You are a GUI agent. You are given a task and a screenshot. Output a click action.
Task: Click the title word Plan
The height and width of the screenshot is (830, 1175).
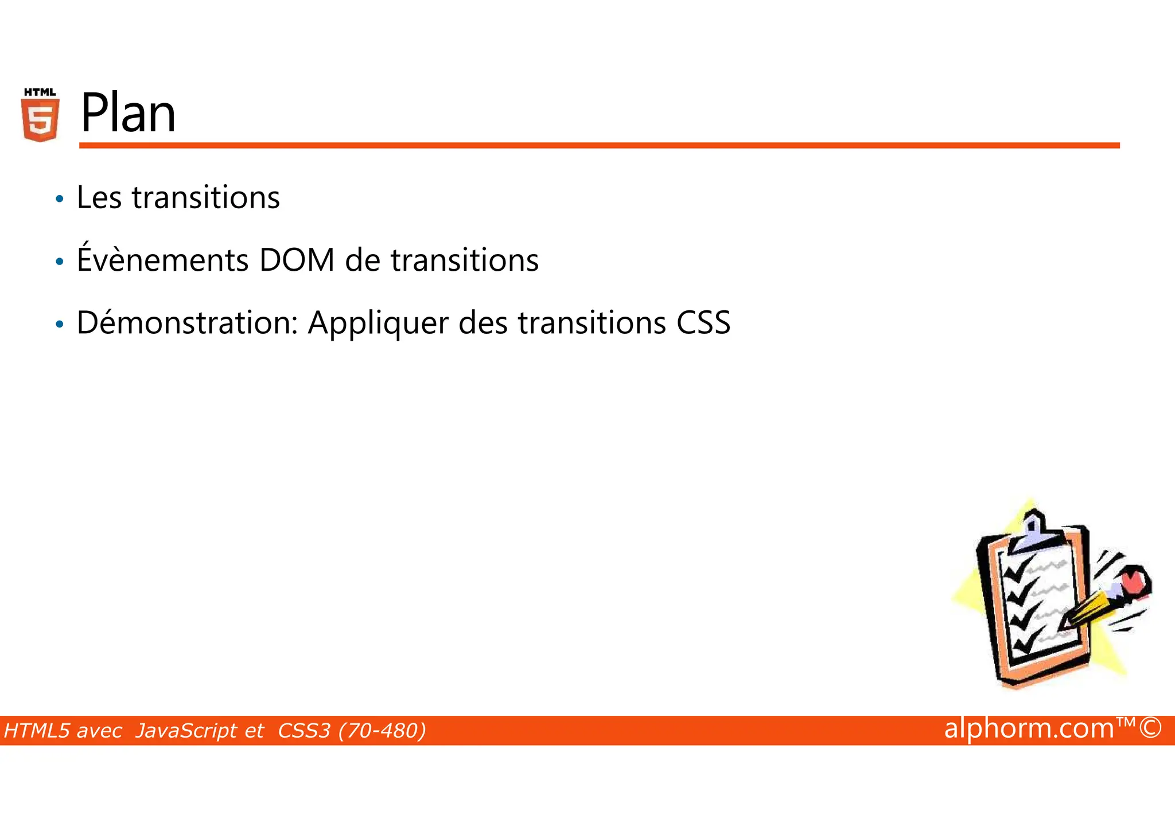(x=128, y=114)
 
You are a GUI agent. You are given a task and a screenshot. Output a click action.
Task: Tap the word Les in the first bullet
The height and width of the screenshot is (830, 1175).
(x=99, y=198)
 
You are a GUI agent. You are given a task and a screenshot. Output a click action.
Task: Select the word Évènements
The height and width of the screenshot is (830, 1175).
(x=162, y=259)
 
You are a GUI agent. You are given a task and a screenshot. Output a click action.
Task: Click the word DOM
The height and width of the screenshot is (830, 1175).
(x=297, y=260)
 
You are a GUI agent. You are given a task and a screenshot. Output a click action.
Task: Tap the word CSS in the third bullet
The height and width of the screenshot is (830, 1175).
(x=703, y=323)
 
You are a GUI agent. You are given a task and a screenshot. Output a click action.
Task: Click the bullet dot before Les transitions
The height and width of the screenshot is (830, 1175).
(x=60, y=200)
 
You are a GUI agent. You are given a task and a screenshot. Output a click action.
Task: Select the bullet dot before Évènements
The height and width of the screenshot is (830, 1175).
(x=60, y=262)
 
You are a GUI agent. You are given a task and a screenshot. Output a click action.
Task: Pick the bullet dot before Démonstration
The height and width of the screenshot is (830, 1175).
(x=60, y=325)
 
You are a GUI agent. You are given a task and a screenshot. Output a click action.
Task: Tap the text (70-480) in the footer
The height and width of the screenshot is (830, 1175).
(x=382, y=731)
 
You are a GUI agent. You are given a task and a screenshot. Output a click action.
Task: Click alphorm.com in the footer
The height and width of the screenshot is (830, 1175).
(x=1029, y=728)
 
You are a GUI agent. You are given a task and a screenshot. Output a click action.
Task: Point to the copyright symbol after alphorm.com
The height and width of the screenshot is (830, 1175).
(x=1150, y=728)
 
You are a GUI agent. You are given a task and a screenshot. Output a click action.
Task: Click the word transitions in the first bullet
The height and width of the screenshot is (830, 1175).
(x=205, y=198)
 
